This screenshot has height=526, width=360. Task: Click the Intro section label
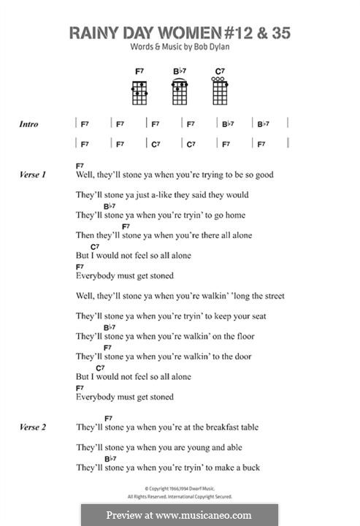coord(28,125)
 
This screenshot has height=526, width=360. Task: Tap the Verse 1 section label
coord(33,175)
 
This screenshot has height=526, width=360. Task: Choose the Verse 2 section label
coord(33,427)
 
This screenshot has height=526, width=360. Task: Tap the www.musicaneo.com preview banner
coord(180,514)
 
